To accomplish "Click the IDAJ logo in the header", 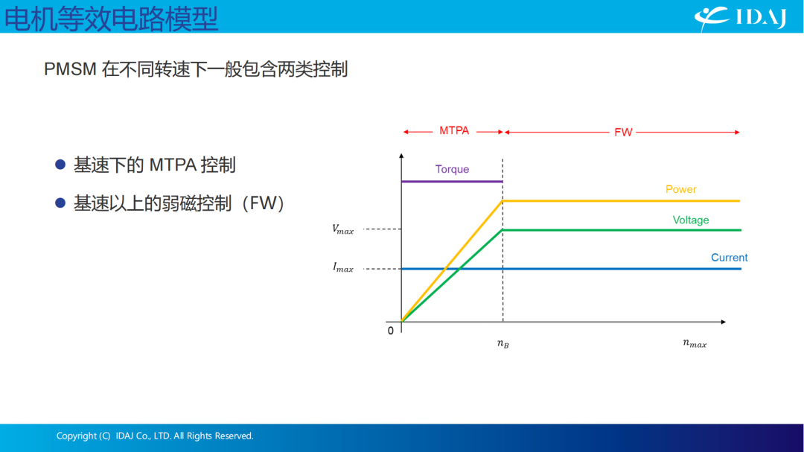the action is point(741,18).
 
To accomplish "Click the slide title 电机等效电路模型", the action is point(111,19).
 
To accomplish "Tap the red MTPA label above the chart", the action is point(454,131).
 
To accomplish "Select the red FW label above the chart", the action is point(623,133).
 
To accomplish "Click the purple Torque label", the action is point(452,169).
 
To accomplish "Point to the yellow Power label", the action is point(681,189).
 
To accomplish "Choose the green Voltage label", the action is point(691,220).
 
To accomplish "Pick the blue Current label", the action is point(729,258).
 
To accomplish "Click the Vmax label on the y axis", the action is point(343,229).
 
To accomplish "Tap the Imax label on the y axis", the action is point(343,267).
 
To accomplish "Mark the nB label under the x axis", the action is point(503,343).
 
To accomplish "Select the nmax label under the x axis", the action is point(695,343).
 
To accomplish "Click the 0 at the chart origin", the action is point(391,331).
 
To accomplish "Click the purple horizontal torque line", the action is point(452,182).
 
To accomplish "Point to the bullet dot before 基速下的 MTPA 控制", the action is point(60,165).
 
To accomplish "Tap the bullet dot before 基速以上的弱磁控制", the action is point(60,203).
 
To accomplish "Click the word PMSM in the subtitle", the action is point(70,69).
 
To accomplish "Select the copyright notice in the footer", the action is point(155,436).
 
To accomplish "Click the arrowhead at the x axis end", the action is point(723,322).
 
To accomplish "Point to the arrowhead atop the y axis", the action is point(401,156).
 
